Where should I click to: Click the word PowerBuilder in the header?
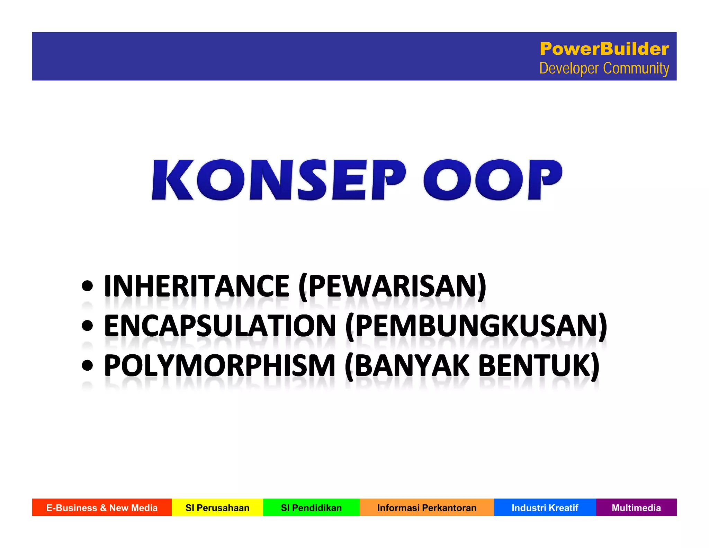[604, 49]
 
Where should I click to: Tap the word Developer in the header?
[569, 68]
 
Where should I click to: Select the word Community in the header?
[636, 68]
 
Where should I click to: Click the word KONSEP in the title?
[279, 180]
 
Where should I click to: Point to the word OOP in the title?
[492, 180]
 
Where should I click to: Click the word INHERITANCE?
[197, 286]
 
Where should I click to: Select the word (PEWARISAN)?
[393, 286]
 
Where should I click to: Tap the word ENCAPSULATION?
[220, 326]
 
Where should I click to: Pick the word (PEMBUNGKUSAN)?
[476, 326]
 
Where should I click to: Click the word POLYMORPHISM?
[220, 366]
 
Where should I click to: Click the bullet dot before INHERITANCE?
[87, 286]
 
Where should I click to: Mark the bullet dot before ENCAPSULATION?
[87, 326]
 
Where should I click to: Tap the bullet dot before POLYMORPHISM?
[87, 365]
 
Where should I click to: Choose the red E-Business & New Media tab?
[102, 507]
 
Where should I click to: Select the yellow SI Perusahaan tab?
[217, 507]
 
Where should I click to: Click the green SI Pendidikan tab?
[311, 507]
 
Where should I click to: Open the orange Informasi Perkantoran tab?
[427, 507]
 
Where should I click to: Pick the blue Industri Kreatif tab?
[545, 507]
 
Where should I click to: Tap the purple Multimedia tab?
[636, 507]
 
